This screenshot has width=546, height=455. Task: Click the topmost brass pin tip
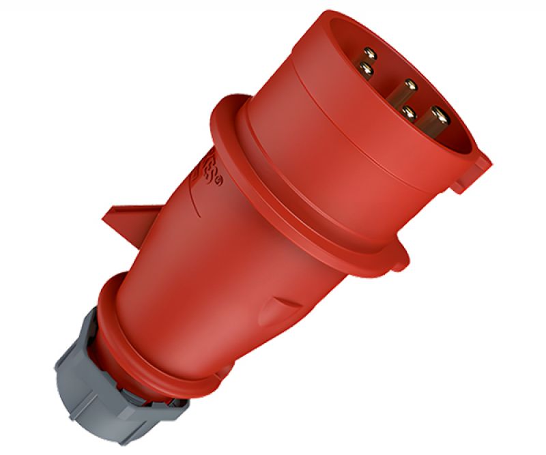(370, 52)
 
